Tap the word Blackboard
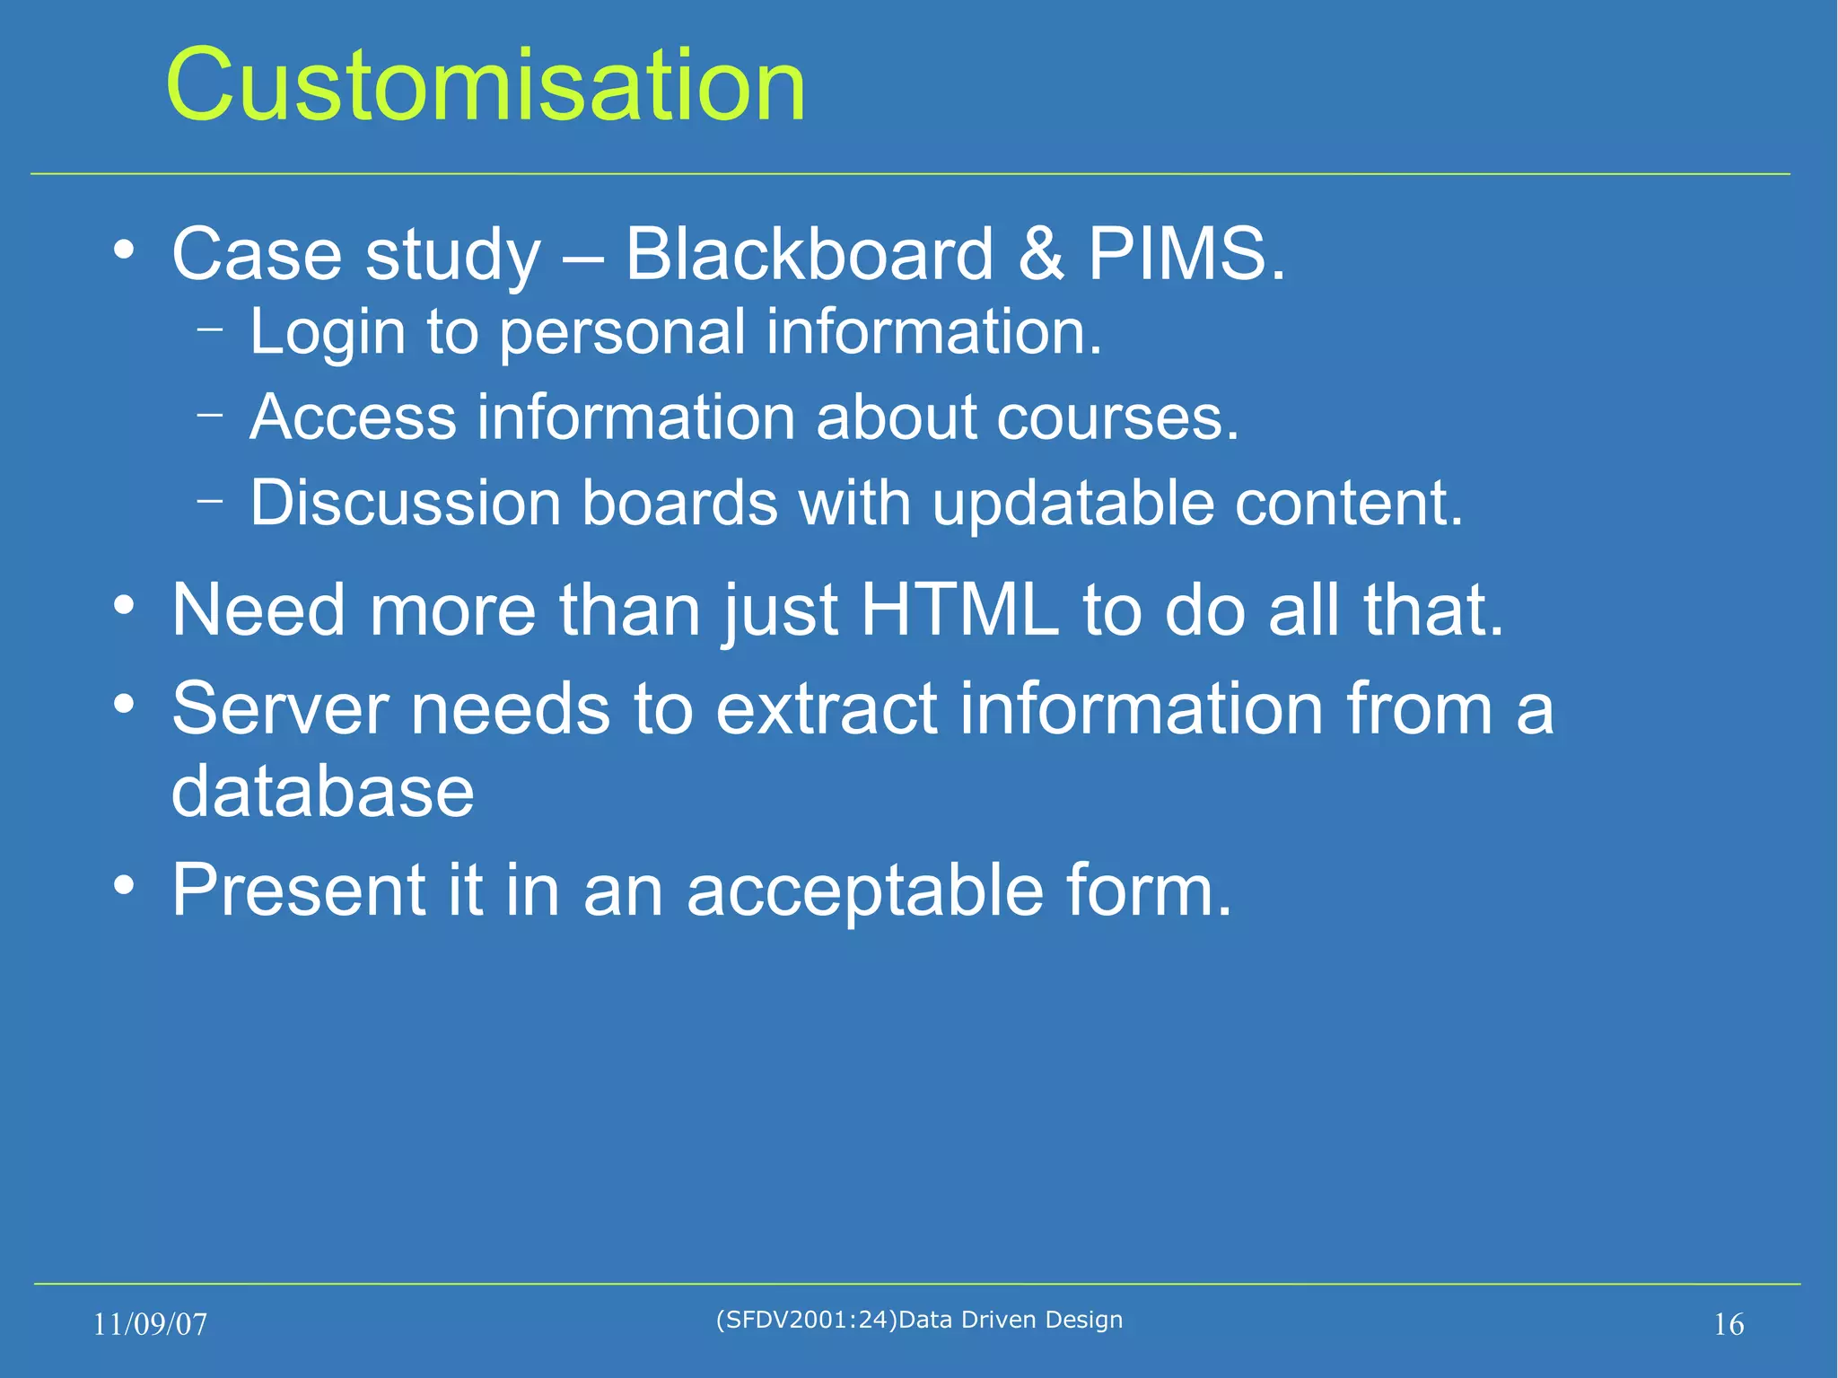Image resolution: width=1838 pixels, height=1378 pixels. (x=809, y=255)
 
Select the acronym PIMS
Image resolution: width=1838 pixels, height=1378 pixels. (x=1186, y=255)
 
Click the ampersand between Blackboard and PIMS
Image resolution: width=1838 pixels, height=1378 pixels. (x=1041, y=255)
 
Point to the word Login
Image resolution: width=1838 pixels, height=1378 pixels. (x=328, y=333)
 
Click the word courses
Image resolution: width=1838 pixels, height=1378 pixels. (x=1117, y=418)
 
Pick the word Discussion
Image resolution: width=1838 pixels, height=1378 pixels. (x=405, y=503)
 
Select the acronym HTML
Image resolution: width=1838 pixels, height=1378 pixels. (x=959, y=610)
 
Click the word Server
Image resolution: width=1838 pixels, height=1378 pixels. (x=279, y=709)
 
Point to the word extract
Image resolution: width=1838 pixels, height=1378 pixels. (x=827, y=709)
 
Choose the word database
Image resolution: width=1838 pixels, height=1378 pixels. (x=322, y=792)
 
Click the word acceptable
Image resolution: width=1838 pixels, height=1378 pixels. (x=865, y=891)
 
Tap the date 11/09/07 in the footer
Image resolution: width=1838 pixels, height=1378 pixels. (x=150, y=1324)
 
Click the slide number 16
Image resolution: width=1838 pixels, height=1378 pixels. (x=1729, y=1324)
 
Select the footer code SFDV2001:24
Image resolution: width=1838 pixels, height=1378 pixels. (x=807, y=1320)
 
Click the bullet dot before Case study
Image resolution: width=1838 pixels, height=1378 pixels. (x=124, y=250)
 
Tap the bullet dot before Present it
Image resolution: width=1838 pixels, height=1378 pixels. (x=124, y=886)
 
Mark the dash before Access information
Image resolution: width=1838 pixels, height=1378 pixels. (x=210, y=415)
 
